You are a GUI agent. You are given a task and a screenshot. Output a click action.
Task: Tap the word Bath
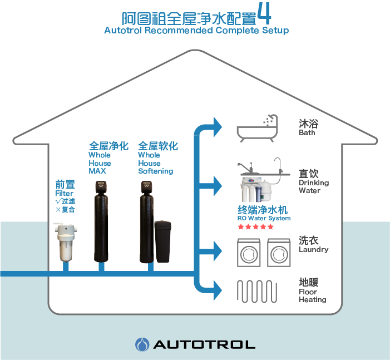[x=307, y=132]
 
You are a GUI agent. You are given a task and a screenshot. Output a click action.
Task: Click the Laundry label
[x=313, y=249]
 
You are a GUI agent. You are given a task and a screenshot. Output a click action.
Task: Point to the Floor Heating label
[x=312, y=295]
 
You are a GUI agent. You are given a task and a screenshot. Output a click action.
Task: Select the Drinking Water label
[x=313, y=186]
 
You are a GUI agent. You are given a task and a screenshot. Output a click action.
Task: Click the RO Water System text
[x=264, y=219]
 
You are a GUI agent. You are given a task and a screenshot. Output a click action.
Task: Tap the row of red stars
[x=255, y=227]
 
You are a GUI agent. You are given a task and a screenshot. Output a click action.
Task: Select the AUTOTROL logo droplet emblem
[x=141, y=344]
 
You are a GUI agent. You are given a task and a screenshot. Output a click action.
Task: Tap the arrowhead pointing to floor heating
[x=216, y=289]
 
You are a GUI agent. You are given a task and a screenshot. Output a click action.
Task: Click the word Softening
[x=155, y=171]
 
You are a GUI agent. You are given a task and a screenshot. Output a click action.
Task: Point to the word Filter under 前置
[x=64, y=193]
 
